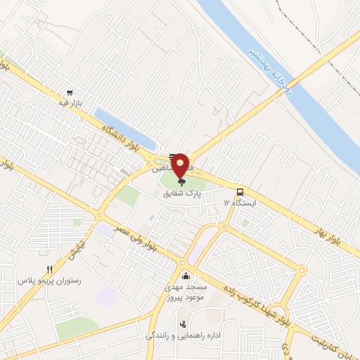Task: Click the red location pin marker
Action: (x=181, y=166)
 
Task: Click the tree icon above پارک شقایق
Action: (x=181, y=181)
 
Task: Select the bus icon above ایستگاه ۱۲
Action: (x=241, y=192)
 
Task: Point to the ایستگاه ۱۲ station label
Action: (x=240, y=202)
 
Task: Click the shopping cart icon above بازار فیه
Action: (x=70, y=93)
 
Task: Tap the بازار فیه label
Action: (x=70, y=103)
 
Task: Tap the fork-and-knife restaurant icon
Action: (x=49, y=269)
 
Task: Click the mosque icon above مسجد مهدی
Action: (x=185, y=276)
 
